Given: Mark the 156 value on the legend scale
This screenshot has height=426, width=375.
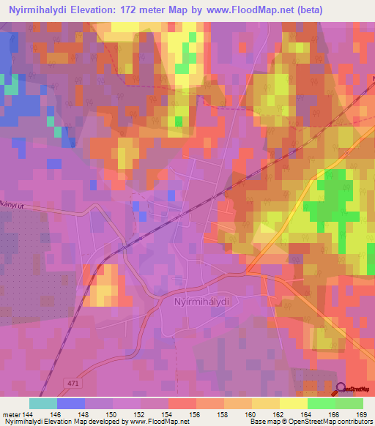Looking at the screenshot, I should [196, 414].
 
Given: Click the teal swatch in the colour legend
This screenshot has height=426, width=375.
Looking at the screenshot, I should [42, 403].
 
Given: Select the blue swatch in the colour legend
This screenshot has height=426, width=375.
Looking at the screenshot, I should [70, 403].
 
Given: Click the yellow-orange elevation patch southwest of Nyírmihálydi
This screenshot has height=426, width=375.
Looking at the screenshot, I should [103, 287].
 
